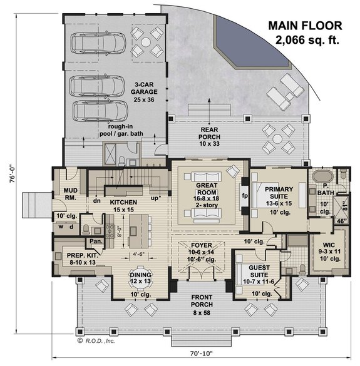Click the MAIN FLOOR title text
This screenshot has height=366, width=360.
coord(305,26)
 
